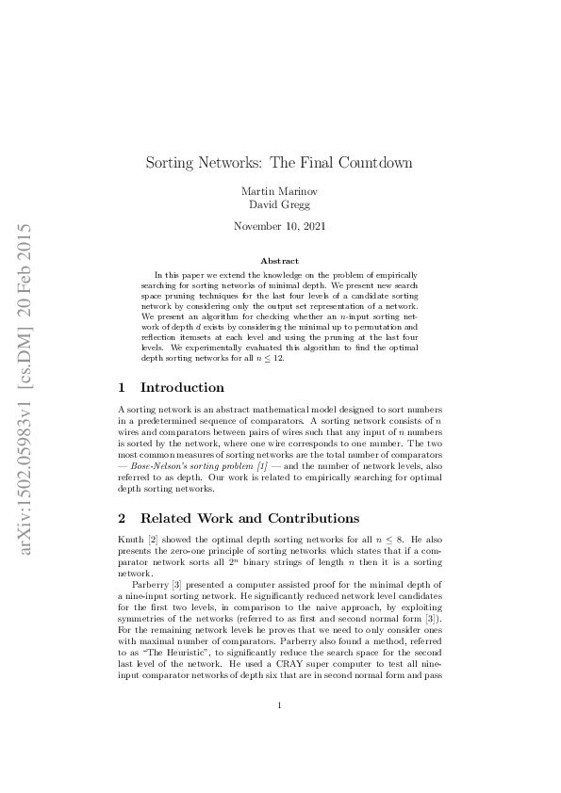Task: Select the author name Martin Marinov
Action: point(279,191)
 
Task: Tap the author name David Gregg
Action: point(279,204)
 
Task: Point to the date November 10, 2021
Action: point(279,226)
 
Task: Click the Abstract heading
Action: point(279,260)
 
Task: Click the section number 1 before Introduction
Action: point(121,387)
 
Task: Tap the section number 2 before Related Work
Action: point(121,518)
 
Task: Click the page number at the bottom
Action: point(279,731)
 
